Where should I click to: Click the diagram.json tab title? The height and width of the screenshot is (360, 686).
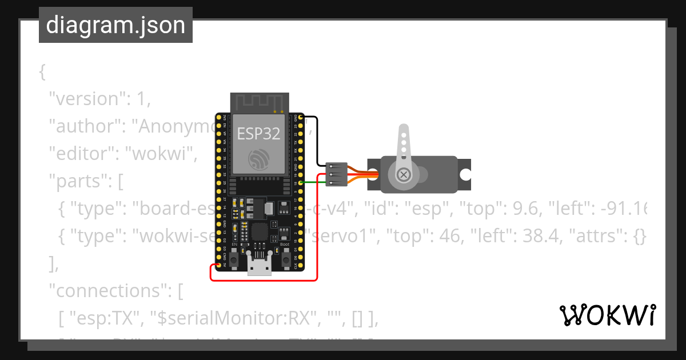point(115,25)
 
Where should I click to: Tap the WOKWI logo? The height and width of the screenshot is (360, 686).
point(607,315)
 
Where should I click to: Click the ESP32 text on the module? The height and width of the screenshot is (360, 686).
point(259,133)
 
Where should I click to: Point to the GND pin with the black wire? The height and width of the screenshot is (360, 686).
point(301,117)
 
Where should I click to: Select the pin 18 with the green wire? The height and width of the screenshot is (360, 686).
point(301,183)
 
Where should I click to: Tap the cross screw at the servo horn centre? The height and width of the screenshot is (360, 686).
point(404,174)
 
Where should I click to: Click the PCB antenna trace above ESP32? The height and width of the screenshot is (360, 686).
point(258,102)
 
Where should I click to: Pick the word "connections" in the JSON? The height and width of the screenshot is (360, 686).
point(109,291)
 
